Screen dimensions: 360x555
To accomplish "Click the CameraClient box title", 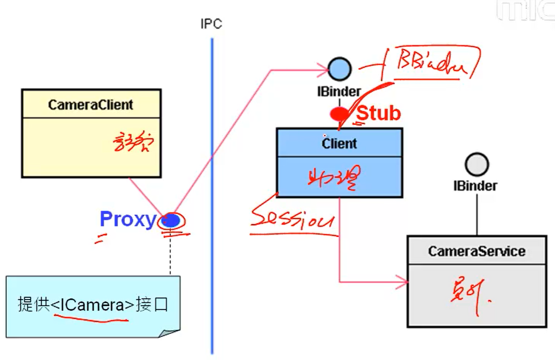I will (91, 105).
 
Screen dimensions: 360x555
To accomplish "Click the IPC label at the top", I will (211, 24).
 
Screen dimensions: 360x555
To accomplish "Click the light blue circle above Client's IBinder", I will (340, 68).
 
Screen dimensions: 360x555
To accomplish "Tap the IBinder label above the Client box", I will (339, 91).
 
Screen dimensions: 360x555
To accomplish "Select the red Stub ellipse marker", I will (339, 114).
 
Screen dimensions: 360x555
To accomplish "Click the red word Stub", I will (379, 113).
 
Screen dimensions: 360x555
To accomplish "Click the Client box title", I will (339, 143).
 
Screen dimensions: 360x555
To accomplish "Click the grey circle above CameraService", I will (477, 164).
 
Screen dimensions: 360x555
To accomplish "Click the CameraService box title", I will (477, 251).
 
